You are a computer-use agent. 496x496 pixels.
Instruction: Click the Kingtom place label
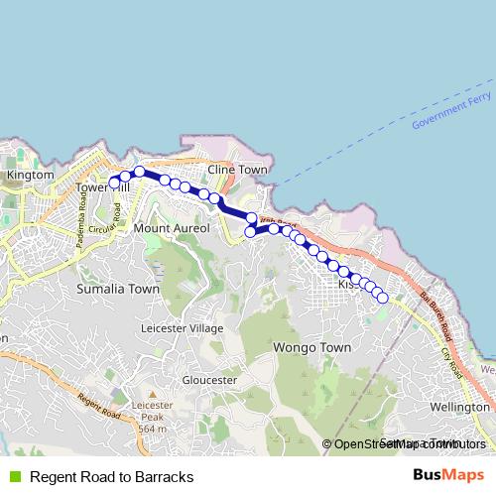coord(29,175)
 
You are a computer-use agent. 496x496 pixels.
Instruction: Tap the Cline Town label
coord(238,170)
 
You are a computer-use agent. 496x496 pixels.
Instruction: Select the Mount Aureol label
coord(173,228)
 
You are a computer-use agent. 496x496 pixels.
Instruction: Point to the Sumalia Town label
coord(118,289)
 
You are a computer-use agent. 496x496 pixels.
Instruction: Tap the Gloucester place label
coord(209,380)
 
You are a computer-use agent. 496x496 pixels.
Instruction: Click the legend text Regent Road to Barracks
coord(111,477)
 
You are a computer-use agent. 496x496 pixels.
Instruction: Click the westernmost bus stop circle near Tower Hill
coord(114,182)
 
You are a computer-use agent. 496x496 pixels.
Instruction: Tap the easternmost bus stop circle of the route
coord(382,296)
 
